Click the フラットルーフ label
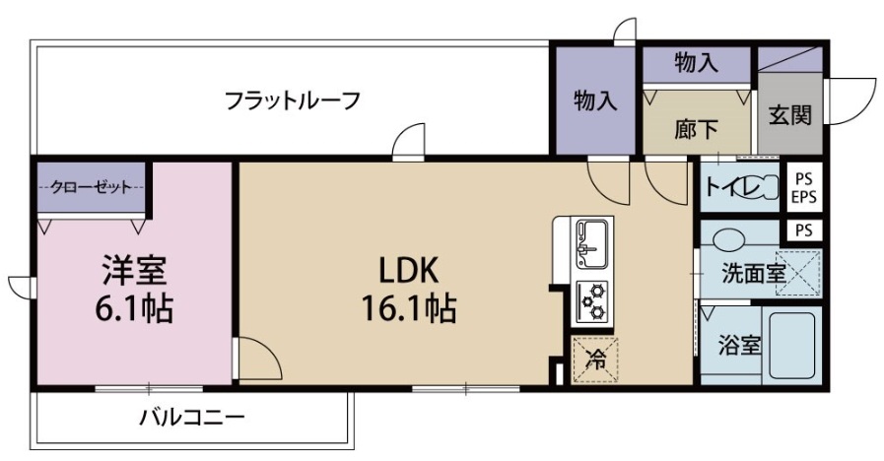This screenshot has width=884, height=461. click(x=291, y=99)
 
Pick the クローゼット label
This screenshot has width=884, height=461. click(x=91, y=187)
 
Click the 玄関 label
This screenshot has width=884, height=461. click(x=790, y=115)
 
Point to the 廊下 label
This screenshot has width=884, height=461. click(x=696, y=128)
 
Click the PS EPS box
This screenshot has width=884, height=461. click(x=804, y=187)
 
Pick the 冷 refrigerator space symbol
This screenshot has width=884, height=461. click(x=596, y=361)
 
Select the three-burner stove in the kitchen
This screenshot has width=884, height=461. click(x=593, y=301)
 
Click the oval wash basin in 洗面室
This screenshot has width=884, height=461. click(x=730, y=238)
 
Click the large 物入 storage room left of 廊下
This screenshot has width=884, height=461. click(x=594, y=100)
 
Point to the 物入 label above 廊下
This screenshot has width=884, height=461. click(x=697, y=64)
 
